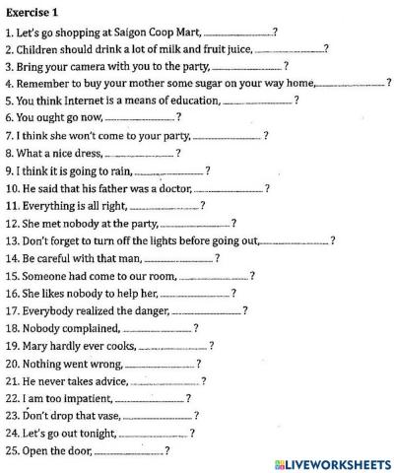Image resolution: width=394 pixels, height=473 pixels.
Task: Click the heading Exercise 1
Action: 33,11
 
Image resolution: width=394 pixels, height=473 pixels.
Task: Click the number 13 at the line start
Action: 12,240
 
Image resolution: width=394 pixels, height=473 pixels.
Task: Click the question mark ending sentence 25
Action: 167,451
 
